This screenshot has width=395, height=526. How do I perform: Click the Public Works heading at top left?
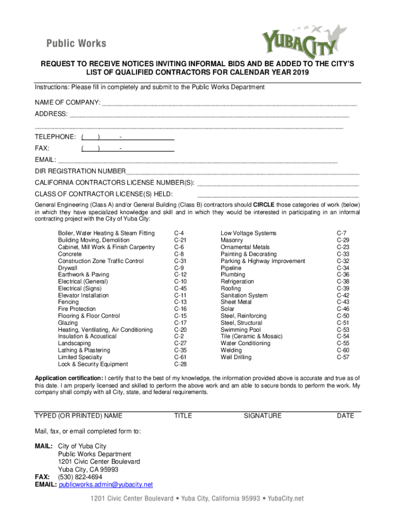coord(76,43)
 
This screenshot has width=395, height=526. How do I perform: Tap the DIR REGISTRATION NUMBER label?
coord(80,171)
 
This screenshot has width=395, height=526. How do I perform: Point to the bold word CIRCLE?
coord(264,204)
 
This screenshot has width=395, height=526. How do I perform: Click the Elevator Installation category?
coord(83,295)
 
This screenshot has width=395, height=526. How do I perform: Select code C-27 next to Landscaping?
coord(180,343)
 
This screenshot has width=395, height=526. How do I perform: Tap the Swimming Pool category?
coord(241,330)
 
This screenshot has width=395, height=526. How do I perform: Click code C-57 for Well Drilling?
coord(343,357)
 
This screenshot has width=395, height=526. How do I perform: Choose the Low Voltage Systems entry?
coord(248,233)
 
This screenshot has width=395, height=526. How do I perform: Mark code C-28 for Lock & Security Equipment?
coord(180,364)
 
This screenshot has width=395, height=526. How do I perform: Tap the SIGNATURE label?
coord(262,416)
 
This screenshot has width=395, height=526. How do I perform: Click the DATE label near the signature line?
coord(345,416)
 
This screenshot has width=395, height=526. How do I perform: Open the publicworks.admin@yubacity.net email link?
coord(106,484)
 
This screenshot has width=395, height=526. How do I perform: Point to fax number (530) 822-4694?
coord(80,477)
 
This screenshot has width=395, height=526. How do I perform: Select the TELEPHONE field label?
coord(55,137)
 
